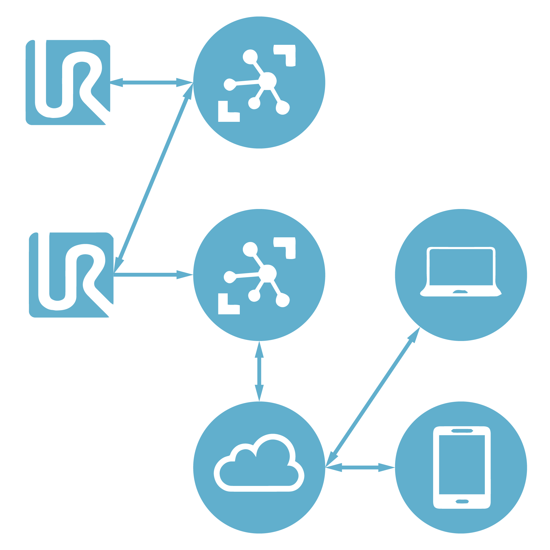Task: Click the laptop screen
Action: pyautogui.click(x=461, y=267)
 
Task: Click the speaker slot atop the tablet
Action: pyautogui.click(x=462, y=431)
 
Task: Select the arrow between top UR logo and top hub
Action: pyautogui.click(x=152, y=82)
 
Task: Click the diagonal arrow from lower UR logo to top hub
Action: pyautogui.click(x=154, y=178)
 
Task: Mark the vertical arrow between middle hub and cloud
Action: pyautogui.click(x=259, y=371)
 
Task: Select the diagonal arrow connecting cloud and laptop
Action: pyautogui.click(x=373, y=397)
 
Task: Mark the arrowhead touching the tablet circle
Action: pyautogui.click(x=387, y=468)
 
